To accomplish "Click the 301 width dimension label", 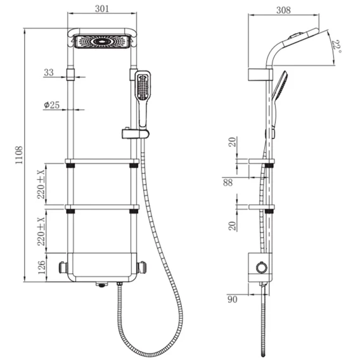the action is coord(102,9).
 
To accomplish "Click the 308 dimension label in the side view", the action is coord(283,10).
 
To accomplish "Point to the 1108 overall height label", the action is coord(19,155).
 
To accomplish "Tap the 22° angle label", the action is coord(337,46).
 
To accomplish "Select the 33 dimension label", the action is coord(49,72).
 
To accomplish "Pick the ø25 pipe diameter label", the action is coord(52,105).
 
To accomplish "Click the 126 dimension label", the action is coord(42,267).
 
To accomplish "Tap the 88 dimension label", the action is coord(228,183).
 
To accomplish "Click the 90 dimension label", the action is coord(232,299).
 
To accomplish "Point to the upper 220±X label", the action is coord(41,184).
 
